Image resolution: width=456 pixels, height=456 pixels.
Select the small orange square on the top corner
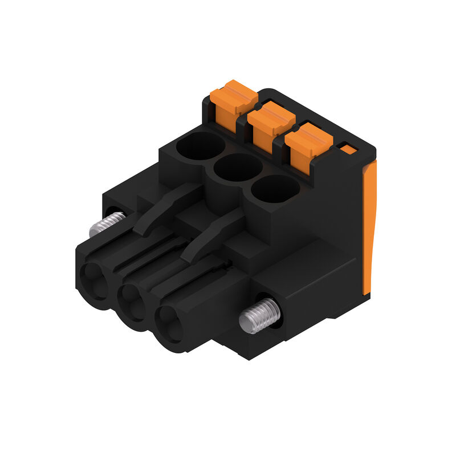(x=347, y=149)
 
